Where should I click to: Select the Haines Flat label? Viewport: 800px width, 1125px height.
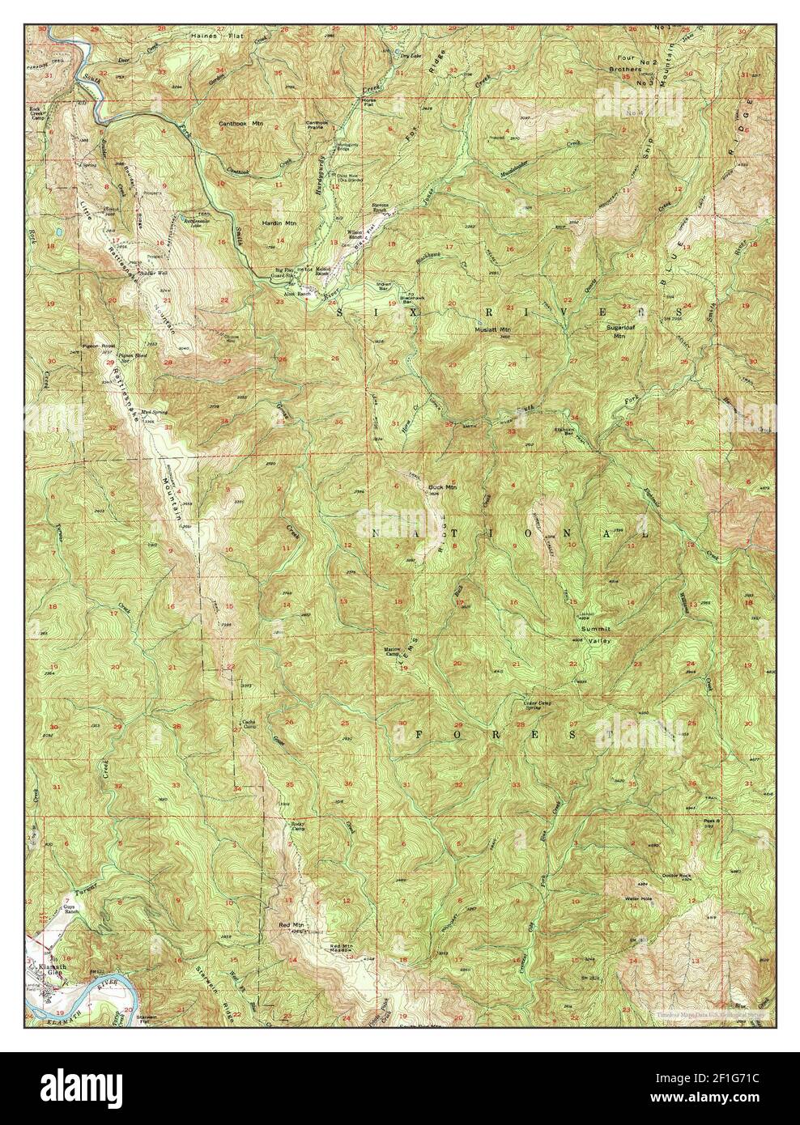coord(209,36)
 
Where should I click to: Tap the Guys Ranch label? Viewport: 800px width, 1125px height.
coord(74,911)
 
